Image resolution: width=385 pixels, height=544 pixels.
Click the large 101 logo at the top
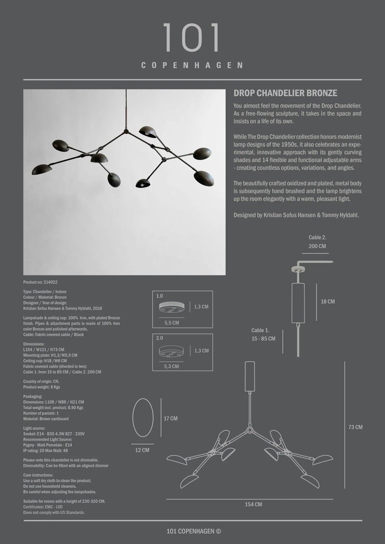[192, 38]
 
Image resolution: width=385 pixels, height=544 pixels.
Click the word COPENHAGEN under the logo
[192, 65]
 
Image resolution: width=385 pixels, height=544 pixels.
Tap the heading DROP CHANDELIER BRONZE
[285, 93]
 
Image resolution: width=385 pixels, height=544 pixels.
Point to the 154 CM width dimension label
[253, 504]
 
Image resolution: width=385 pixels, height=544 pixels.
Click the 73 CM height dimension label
[355, 427]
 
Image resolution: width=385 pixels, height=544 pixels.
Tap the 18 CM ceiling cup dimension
[328, 302]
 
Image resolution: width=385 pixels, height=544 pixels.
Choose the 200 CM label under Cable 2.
[317, 246]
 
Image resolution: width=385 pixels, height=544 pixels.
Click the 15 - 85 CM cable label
[263, 339]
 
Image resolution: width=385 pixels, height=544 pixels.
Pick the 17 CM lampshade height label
[171, 418]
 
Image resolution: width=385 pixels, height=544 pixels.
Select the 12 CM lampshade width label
[142, 450]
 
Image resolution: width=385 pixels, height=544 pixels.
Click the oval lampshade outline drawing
[143, 418]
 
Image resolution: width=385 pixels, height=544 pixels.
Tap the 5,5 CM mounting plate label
[172, 323]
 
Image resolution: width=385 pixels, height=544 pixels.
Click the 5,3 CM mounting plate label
[171, 367]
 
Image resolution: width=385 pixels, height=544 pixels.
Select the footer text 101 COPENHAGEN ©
[194, 531]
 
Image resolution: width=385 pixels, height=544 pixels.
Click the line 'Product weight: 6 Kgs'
[42, 387]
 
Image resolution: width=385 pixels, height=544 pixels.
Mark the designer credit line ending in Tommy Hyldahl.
[296, 215]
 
